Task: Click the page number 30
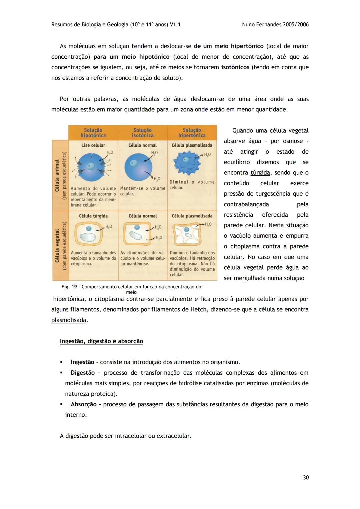pyautogui.click(x=306, y=477)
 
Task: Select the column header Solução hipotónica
pyautogui.click(x=93, y=133)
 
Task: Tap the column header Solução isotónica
pyautogui.click(x=142, y=133)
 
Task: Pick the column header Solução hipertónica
pyautogui.click(x=192, y=133)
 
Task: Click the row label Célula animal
pyautogui.click(x=57, y=175)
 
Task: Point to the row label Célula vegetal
pyautogui.click(x=57, y=245)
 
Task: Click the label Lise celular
pyautogui.click(x=93, y=145)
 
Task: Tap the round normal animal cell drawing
pyautogui.click(x=138, y=166)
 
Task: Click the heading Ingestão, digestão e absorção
pyautogui.click(x=101, y=341)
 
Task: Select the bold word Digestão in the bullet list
pyautogui.click(x=83, y=373)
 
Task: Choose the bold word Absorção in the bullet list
pyautogui.click(x=83, y=404)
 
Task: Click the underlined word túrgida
pyautogui.click(x=260, y=173)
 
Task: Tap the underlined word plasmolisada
pyautogui.click(x=69, y=320)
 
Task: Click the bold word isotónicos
pyautogui.click(x=235, y=67)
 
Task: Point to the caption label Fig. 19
pyautogui.click(x=70, y=287)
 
